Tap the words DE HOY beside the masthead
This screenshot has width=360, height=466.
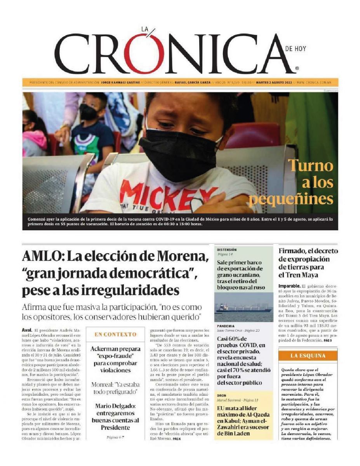(295, 49)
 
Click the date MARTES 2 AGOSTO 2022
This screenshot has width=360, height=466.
(273, 82)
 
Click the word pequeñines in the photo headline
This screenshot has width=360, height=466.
(291, 199)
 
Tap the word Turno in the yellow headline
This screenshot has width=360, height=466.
(311, 166)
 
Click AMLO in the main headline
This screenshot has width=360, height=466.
(42, 257)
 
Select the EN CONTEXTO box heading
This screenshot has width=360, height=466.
(116, 334)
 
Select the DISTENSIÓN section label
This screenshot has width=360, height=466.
(227, 250)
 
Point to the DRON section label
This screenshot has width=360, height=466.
(221, 395)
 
